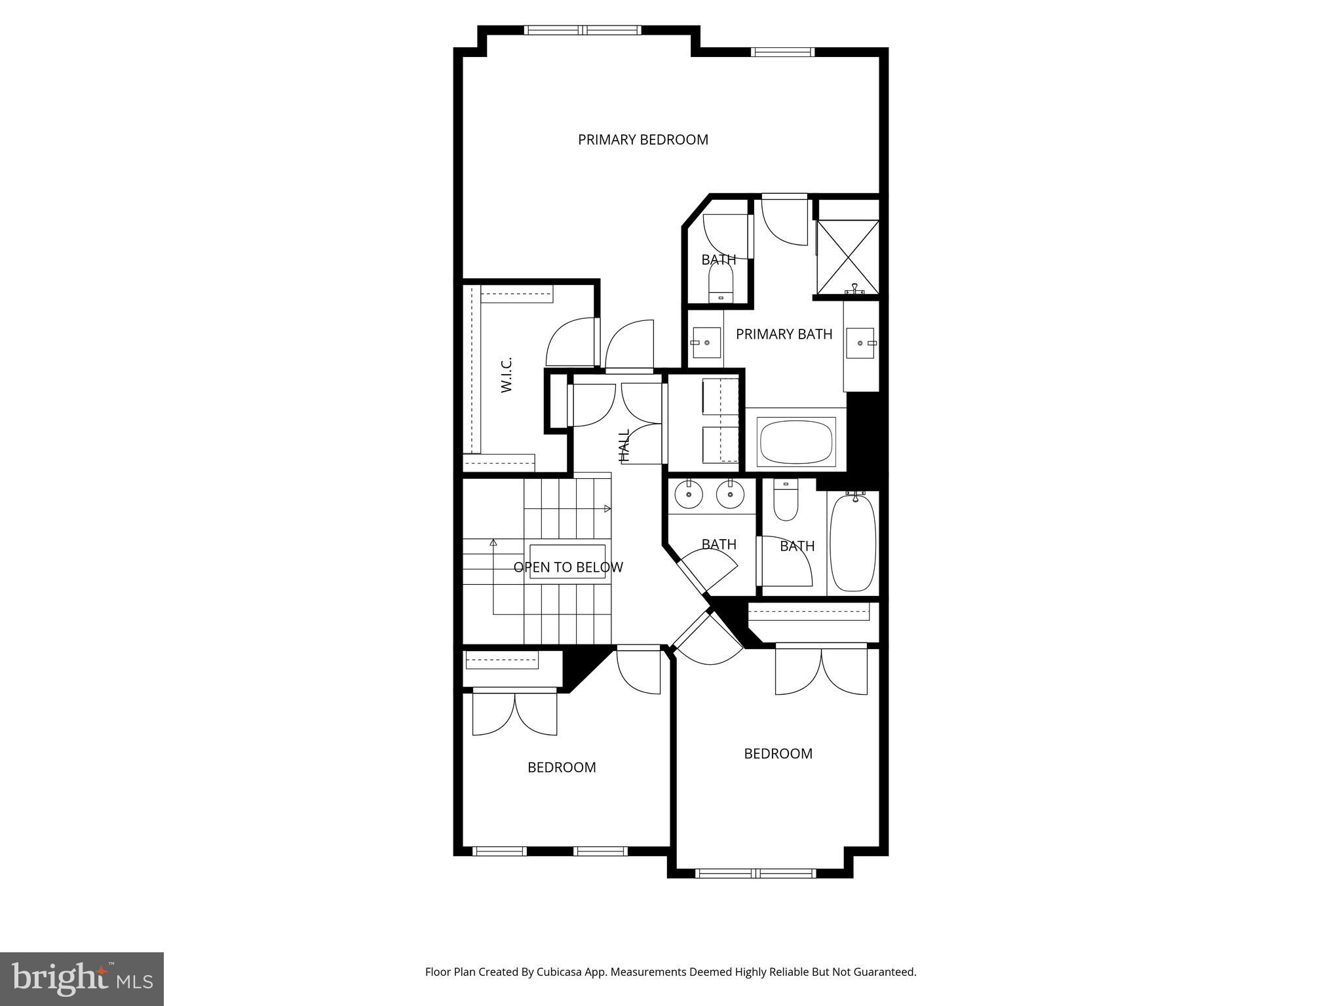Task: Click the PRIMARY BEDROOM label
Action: pos(643,140)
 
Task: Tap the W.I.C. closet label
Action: pos(507,375)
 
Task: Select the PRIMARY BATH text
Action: pos(784,334)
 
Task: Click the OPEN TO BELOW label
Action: pos(568,567)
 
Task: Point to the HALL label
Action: pos(624,445)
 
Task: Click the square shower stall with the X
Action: pos(847,257)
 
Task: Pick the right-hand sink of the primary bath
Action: pos(860,343)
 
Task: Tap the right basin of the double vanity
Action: pos(730,494)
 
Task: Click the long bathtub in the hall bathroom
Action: pos(853,542)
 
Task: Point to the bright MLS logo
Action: pos(82,978)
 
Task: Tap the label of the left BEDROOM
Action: pos(562,767)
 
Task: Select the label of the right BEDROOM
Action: pos(778,753)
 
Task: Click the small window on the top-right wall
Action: pos(782,52)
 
